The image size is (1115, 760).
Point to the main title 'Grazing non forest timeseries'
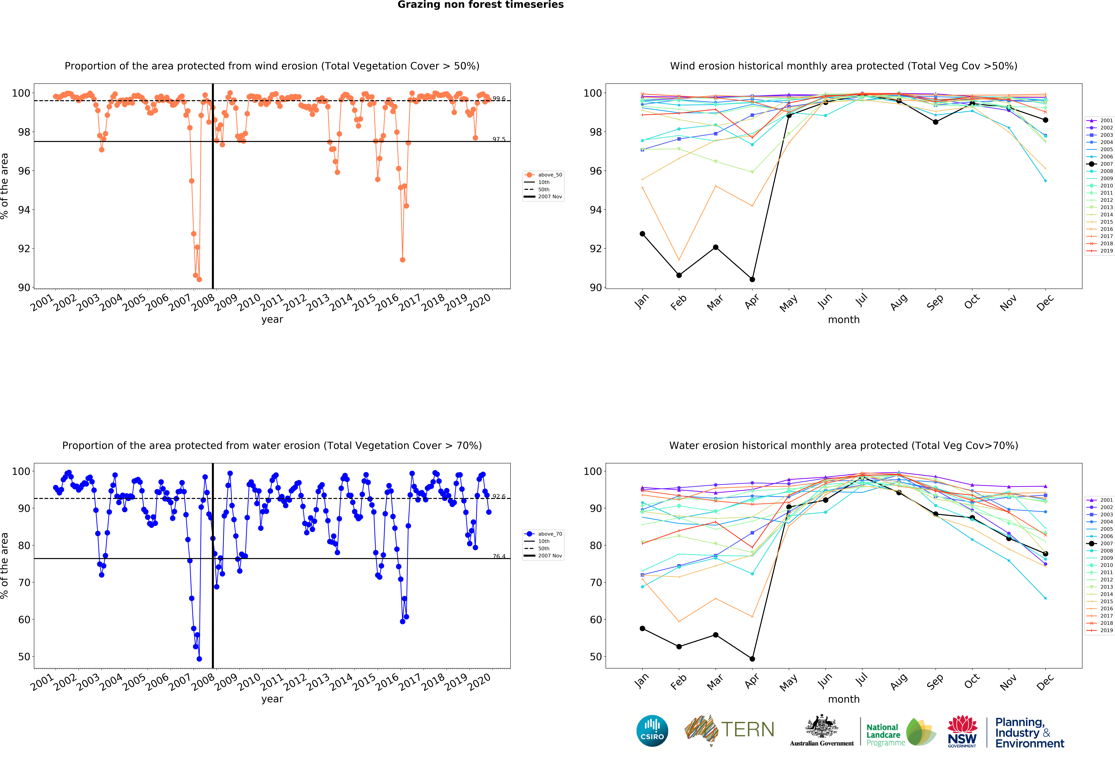point(480,5)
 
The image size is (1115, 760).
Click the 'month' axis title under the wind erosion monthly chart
point(843,319)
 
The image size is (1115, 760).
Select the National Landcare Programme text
point(885,735)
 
